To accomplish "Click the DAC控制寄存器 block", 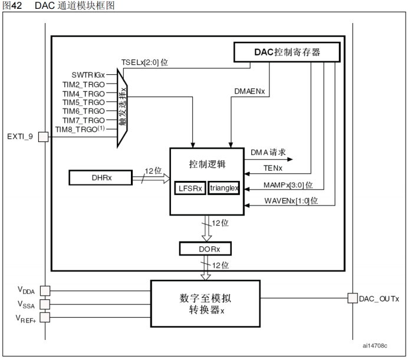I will [287, 52].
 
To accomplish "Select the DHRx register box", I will [99, 177].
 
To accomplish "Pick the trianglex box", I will [223, 189].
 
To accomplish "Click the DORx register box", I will [205, 248].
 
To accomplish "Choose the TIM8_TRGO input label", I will [80, 128].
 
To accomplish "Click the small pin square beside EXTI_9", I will [43, 137].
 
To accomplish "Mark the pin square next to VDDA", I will [45, 290].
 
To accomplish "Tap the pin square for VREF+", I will [45, 318].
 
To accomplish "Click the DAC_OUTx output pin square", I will [353, 298].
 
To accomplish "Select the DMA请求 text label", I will [268, 152].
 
